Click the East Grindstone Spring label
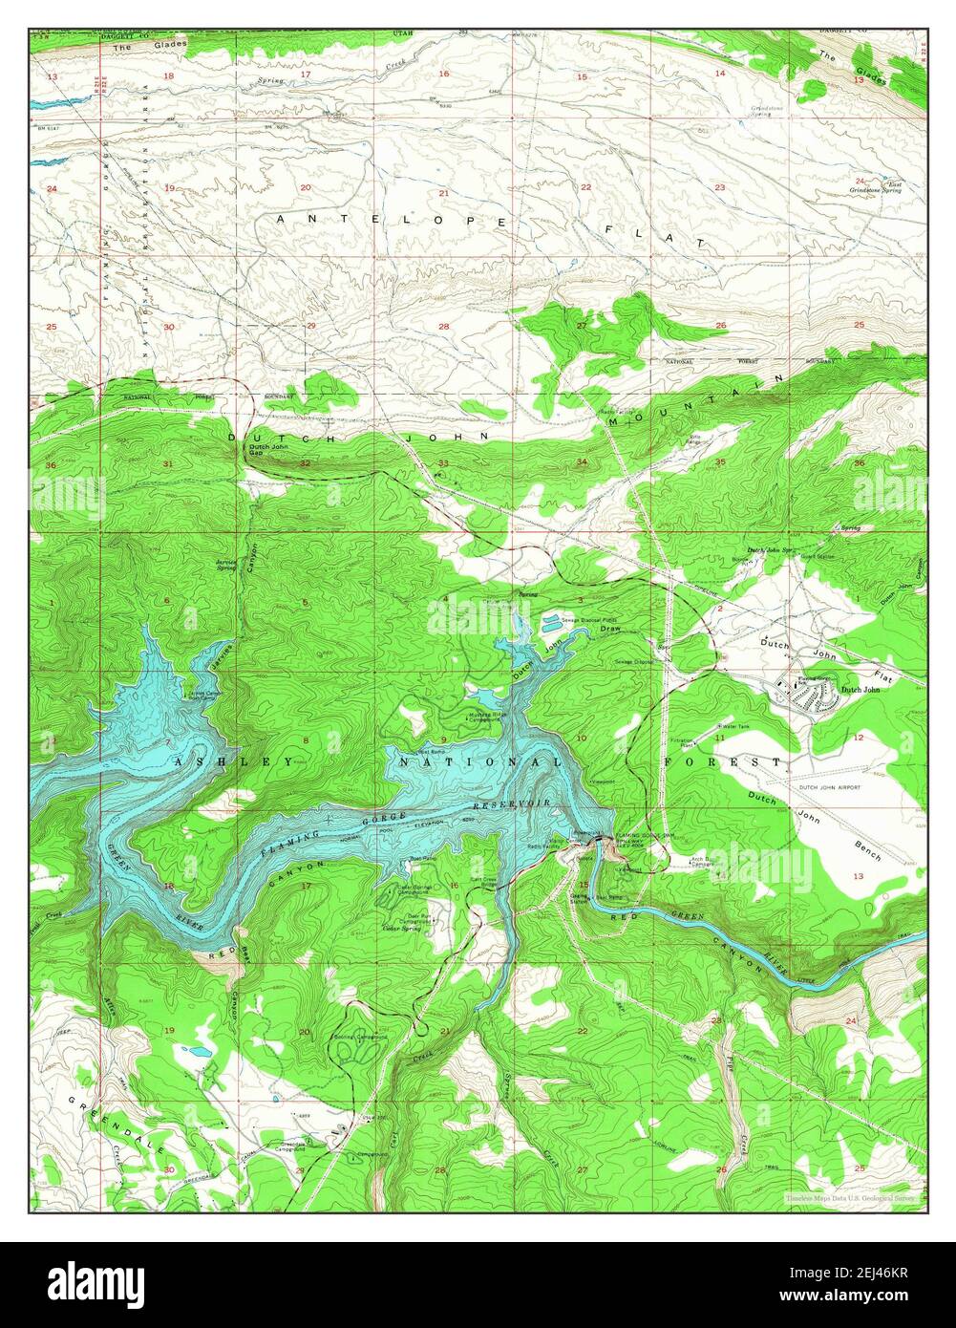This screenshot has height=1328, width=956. [x=878, y=188]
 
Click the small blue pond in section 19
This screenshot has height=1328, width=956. [x=202, y=1052]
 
